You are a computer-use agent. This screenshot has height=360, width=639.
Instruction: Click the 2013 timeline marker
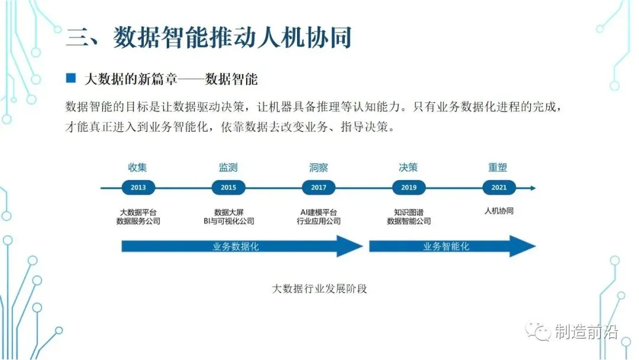tap(138, 188)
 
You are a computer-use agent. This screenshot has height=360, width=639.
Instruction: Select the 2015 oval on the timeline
tap(228, 188)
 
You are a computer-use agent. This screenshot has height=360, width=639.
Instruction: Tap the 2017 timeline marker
tap(318, 188)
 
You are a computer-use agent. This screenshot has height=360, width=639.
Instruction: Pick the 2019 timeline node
tap(409, 188)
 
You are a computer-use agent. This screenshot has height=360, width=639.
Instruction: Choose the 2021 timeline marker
tap(499, 188)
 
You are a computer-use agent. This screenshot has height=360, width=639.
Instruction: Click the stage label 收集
tap(138, 168)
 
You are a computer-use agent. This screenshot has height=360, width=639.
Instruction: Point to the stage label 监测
tap(228, 168)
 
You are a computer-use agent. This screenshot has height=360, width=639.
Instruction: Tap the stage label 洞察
tap(318, 168)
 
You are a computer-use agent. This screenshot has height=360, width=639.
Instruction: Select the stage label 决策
tap(409, 168)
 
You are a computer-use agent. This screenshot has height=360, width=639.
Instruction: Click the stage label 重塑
tap(498, 168)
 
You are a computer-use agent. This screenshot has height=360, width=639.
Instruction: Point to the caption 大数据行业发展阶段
tap(319, 289)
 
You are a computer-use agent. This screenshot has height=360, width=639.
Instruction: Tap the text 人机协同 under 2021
tap(499, 210)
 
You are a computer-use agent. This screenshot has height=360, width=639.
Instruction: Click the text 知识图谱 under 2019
tap(409, 211)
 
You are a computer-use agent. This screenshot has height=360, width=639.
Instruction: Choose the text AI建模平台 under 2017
tap(318, 211)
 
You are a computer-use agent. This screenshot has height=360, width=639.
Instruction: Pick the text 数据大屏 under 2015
tap(228, 211)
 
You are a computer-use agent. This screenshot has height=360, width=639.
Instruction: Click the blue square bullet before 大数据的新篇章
tap(72, 78)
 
